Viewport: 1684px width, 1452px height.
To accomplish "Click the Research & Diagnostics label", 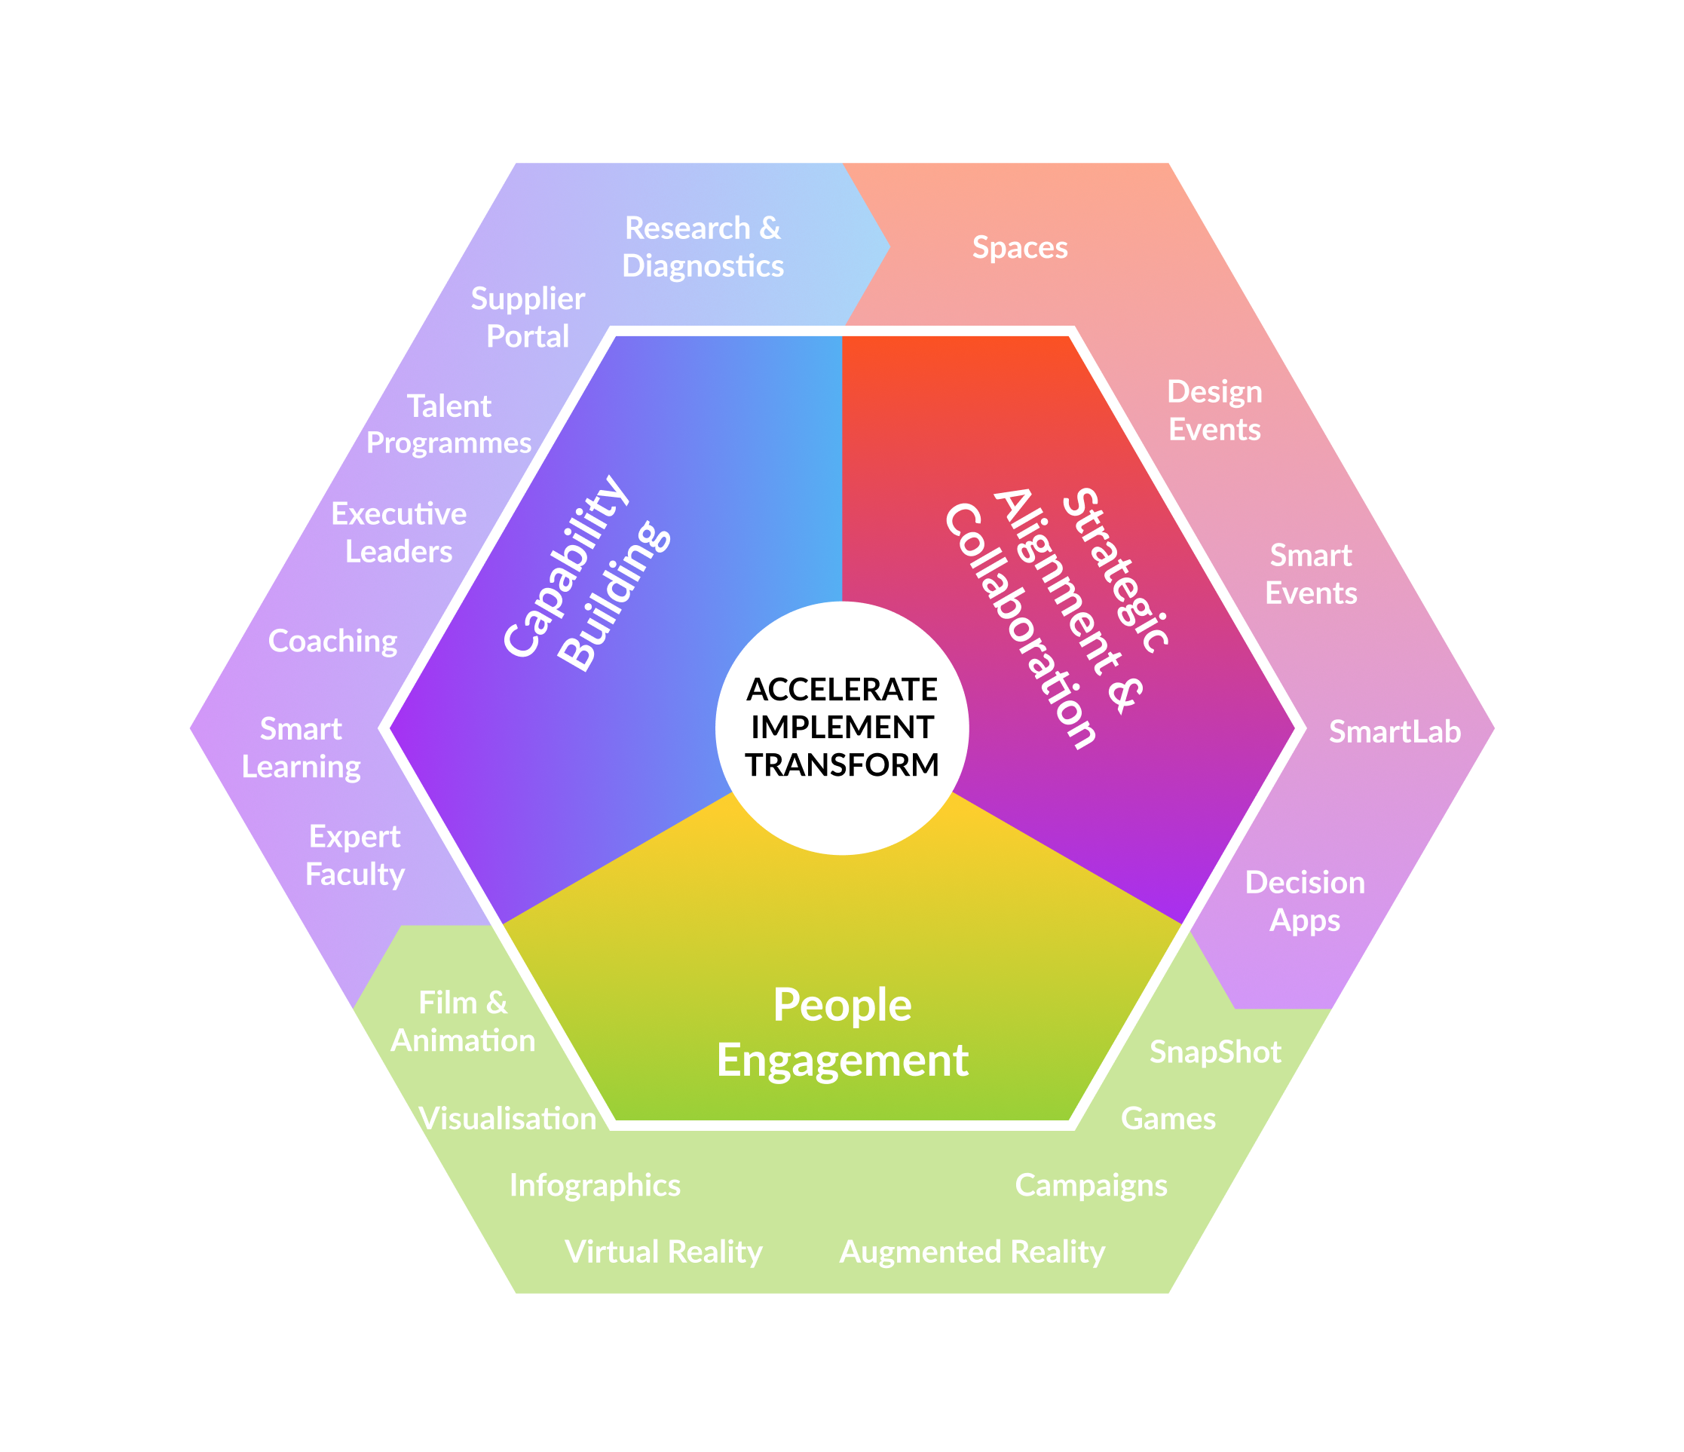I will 703,247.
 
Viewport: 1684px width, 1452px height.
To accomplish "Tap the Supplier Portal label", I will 528,318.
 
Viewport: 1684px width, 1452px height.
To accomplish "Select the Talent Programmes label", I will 449,424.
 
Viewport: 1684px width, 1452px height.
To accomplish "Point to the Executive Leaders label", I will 398,532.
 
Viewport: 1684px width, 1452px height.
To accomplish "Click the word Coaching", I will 332,642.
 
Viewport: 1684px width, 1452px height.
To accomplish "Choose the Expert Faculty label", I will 354,855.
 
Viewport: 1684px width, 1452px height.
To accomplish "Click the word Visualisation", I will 507,1119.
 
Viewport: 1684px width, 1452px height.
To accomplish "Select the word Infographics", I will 594,1185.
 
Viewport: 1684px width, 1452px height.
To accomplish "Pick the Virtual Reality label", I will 663,1252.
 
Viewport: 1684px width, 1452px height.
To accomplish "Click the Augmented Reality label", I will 972,1252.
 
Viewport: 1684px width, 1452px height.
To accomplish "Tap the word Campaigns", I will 1091,1185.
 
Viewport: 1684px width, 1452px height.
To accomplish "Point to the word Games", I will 1168,1119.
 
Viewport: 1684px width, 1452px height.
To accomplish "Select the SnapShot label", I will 1215,1052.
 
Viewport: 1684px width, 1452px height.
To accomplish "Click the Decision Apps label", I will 1304,902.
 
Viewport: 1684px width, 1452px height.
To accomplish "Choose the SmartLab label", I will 1395,732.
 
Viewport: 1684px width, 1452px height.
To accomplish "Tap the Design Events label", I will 1214,411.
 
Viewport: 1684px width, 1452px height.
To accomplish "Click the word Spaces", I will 1020,247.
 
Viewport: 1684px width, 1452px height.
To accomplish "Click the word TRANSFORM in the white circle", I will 842,765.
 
